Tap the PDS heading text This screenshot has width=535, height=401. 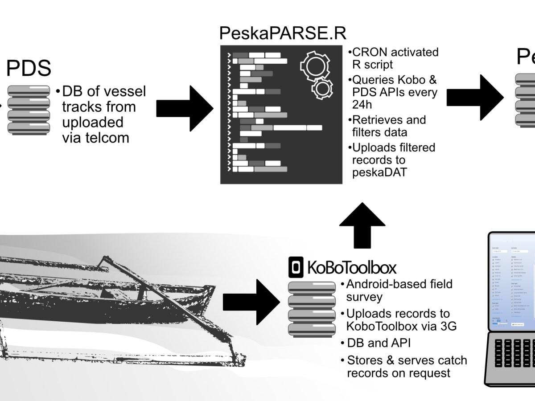(29, 69)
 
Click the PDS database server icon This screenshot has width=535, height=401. (29, 110)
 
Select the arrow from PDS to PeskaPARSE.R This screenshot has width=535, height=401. (185, 107)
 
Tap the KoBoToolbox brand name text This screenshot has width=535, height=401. (351, 268)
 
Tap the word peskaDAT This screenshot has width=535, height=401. (379, 172)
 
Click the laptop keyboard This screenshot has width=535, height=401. (513, 356)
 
